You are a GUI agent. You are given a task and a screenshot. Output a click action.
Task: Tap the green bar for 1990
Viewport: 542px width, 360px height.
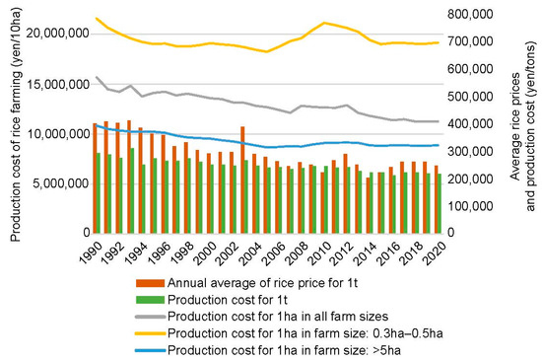coord(99,192)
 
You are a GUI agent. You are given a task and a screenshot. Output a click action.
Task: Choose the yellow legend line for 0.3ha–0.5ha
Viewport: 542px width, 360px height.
coord(150,331)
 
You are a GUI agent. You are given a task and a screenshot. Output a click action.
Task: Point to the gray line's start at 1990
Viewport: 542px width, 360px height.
coord(97,77)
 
